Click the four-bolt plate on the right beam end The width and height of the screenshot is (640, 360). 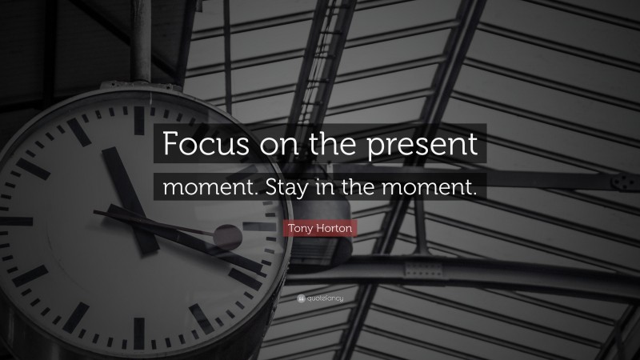click(618, 182)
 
